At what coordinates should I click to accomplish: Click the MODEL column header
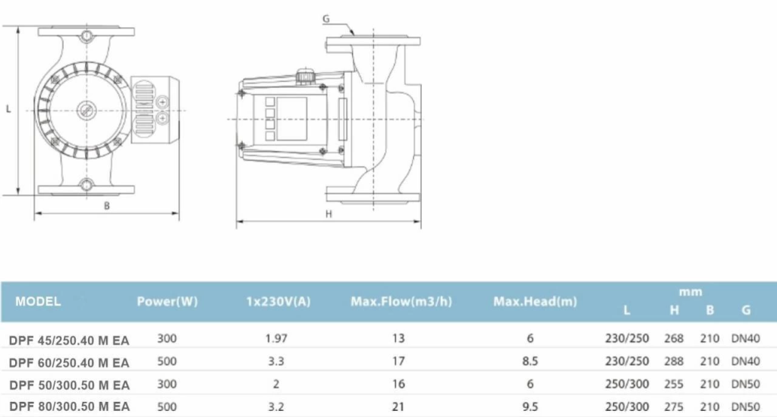tap(38, 301)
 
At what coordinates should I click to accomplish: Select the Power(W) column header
tap(167, 301)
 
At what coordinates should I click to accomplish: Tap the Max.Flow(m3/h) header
tap(401, 301)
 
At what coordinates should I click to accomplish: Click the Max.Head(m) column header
tap(535, 301)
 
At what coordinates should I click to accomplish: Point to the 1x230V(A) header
tap(278, 301)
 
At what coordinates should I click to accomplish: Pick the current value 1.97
tap(278, 338)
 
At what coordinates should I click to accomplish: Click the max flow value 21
tap(399, 406)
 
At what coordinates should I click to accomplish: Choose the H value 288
tap(674, 362)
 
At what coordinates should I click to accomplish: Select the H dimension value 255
tap(674, 384)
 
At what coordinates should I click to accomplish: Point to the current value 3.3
tap(278, 362)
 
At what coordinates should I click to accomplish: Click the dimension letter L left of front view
tap(8, 109)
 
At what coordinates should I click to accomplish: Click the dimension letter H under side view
tap(329, 214)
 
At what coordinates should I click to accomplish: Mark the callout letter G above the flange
tap(326, 17)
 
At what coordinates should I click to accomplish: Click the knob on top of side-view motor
tap(305, 77)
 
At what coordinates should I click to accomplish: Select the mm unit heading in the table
tap(691, 292)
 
